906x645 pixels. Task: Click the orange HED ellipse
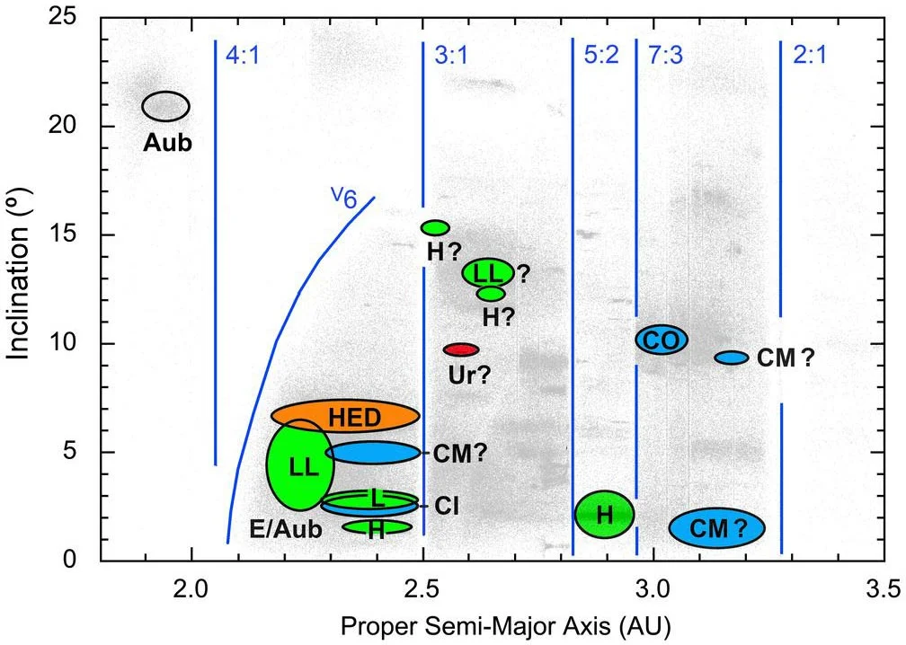345,416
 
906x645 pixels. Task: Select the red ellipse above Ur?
461,349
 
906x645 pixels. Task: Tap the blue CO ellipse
662,340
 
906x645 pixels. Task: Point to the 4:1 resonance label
243,56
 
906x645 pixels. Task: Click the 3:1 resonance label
451,56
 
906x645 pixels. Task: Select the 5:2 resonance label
601,56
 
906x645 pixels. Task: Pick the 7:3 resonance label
665,56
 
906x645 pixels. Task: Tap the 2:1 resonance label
810,56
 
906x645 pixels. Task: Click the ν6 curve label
344,198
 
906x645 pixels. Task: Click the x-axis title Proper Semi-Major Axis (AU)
505,626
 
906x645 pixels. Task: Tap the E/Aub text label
286,529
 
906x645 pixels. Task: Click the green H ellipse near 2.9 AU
604,515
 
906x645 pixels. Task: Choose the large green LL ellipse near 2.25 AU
300,465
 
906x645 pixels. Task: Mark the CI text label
447,507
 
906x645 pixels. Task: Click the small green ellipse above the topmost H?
435,227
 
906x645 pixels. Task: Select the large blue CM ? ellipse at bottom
717,528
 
